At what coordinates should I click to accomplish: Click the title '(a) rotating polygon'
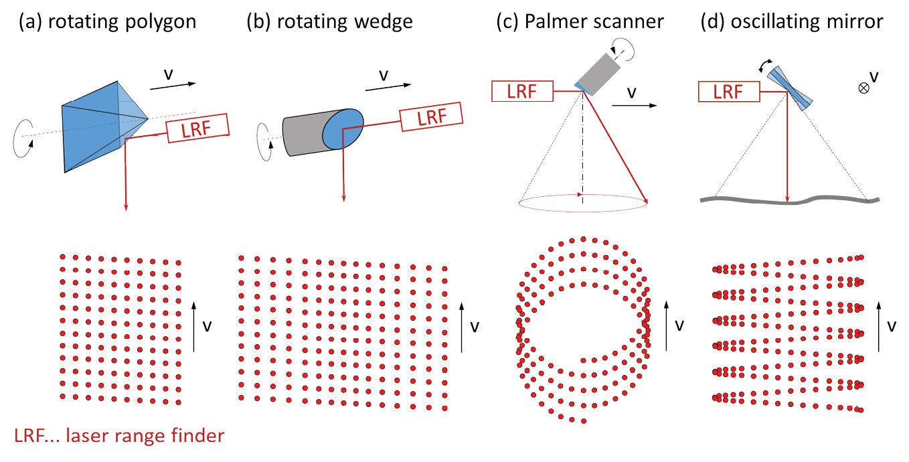click(x=108, y=23)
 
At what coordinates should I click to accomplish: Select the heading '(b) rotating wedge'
click(x=329, y=23)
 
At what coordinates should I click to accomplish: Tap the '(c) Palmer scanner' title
click(x=580, y=23)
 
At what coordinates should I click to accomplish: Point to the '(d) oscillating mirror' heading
click(x=792, y=23)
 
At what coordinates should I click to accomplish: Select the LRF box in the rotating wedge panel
click(x=431, y=119)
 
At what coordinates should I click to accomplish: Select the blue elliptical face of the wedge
click(x=343, y=129)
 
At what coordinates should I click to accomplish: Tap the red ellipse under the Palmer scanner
click(x=583, y=205)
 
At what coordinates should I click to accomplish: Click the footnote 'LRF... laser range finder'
click(x=119, y=437)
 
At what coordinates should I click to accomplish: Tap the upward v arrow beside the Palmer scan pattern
click(x=667, y=325)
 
